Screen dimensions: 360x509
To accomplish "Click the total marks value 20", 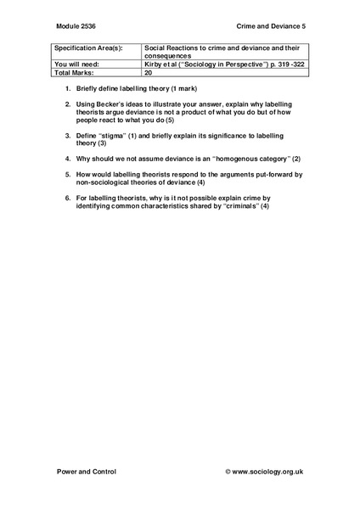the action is point(149,73).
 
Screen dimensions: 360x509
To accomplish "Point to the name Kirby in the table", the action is point(154,64).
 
